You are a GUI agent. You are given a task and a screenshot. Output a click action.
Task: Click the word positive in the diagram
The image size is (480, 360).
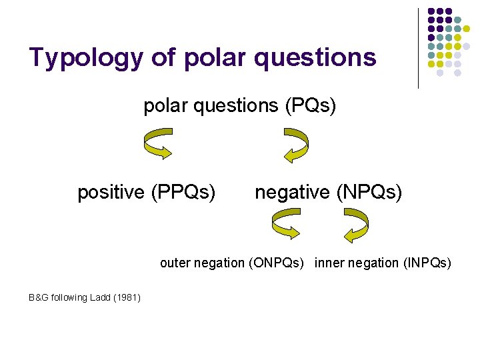tap(111, 193)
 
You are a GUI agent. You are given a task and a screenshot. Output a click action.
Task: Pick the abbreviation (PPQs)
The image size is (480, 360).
tap(183, 193)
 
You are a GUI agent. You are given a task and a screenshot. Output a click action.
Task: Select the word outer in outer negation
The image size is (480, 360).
tap(175, 263)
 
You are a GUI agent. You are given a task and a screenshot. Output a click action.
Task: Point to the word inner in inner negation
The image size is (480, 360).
tap(329, 263)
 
